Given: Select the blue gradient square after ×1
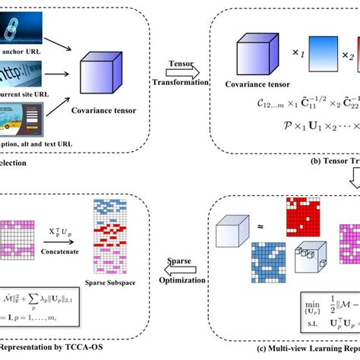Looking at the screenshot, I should click(x=324, y=58).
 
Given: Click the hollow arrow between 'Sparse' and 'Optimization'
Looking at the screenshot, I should click(x=184, y=264).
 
